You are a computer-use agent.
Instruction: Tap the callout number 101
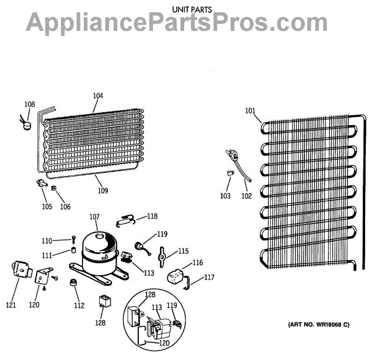click(250, 112)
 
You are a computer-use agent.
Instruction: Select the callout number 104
click(98, 95)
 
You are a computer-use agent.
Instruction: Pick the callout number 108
click(30, 104)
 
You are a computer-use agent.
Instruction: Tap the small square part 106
click(54, 188)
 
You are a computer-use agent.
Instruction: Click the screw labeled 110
click(73, 239)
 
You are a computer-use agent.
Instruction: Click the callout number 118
click(152, 216)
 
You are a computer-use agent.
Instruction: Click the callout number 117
click(209, 277)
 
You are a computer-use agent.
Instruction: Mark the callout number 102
click(247, 196)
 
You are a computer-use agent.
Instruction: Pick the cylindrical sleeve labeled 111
click(73, 251)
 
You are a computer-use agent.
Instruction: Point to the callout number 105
click(46, 206)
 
